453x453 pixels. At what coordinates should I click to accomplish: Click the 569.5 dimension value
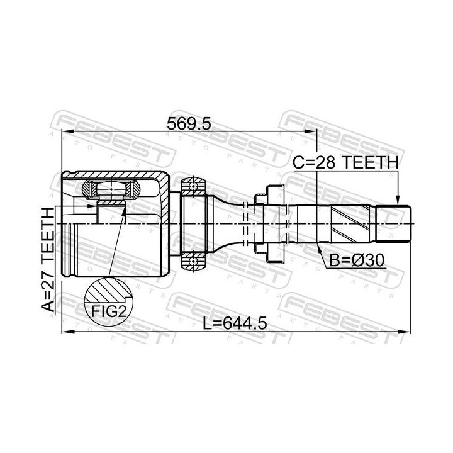point(189,124)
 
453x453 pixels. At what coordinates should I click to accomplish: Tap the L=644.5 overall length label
point(234,323)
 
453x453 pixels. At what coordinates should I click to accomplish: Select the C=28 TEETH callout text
point(345,163)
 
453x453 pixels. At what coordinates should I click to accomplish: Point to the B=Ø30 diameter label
point(357,260)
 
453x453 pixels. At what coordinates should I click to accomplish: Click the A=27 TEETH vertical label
point(48,259)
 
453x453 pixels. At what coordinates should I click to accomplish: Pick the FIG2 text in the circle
point(109,311)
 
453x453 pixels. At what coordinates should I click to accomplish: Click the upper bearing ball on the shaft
point(193,186)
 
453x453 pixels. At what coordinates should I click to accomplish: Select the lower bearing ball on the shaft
point(193,262)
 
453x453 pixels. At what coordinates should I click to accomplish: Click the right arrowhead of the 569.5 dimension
point(311,132)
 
